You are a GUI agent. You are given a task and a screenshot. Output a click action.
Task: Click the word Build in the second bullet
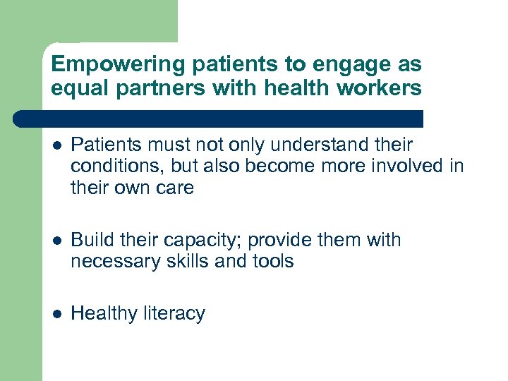[x=92, y=241]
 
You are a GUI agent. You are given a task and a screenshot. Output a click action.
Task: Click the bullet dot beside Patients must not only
[x=56, y=146]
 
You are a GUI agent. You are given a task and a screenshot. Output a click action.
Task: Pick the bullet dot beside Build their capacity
[x=56, y=241]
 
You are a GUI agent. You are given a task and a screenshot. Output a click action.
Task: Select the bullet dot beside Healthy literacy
[x=56, y=314]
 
